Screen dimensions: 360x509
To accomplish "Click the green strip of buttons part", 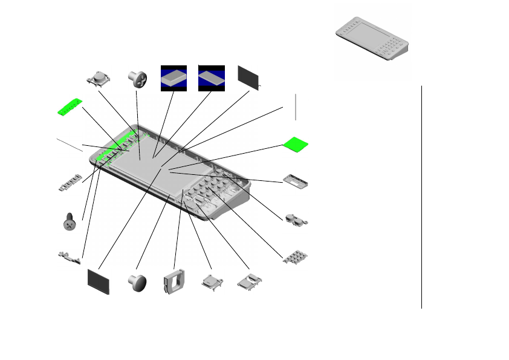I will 68,107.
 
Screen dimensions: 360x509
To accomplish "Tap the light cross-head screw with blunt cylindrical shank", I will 138,78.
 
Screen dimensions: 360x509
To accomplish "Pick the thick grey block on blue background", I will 173,78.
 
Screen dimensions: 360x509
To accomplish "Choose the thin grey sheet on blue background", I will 212,78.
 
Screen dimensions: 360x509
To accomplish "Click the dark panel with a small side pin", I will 248,77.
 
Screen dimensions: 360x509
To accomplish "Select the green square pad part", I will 296,144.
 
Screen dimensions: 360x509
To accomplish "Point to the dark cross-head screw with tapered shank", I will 70,221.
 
